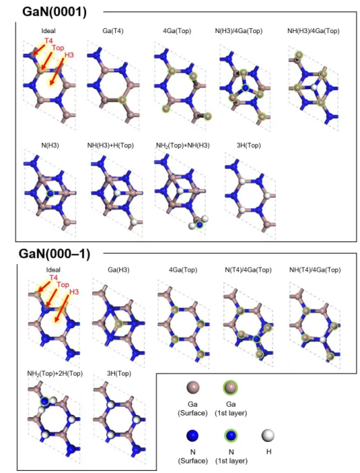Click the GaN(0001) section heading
pyautogui.click(x=54, y=12)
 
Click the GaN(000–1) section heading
pyautogui.click(x=54, y=254)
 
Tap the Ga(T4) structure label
pyautogui.click(x=113, y=31)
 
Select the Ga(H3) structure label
pyautogui.click(x=119, y=270)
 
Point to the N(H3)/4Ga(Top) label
pyautogui.click(x=239, y=31)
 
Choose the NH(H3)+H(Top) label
pyautogui.click(x=110, y=145)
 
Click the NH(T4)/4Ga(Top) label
pyautogui.click(x=314, y=270)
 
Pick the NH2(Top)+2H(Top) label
pyautogui.click(x=55, y=374)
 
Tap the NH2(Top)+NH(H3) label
pyautogui.click(x=183, y=145)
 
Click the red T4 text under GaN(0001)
pyautogui.click(x=48, y=41)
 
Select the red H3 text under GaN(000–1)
pyautogui.click(x=74, y=292)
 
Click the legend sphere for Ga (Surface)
pyautogui.click(x=193, y=388)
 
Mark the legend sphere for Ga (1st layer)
pyautogui.click(x=230, y=388)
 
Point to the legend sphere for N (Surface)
pyautogui.click(x=193, y=436)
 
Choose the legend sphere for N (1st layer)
pyautogui.click(x=231, y=436)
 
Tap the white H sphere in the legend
pyautogui.click(x=268, y=436)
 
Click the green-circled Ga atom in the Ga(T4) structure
pyautogui.click(x=123, y=99)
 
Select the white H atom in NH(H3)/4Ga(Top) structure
pyautogui.click(x=314, y=88)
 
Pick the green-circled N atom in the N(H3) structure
pyautogui.click(x=50, y=193)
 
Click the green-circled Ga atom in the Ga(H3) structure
pyautogui.click(x=119, y=323)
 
